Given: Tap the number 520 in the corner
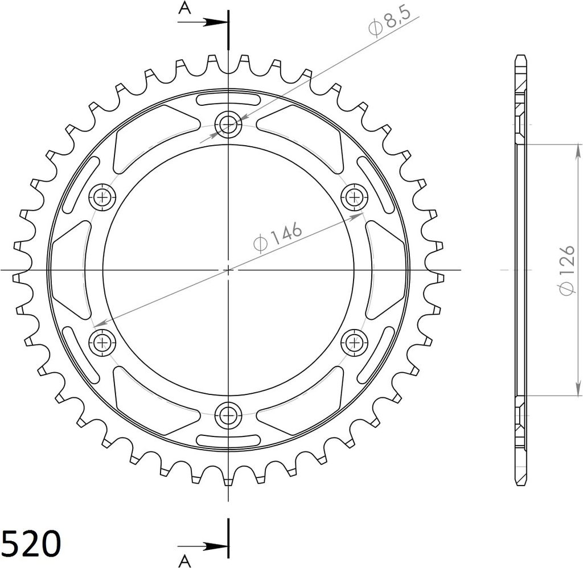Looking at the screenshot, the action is pos(31,544).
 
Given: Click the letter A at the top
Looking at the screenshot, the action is pos(184,7).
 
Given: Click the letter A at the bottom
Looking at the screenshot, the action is pos(184,561).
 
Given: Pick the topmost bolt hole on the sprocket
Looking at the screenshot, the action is pos(228,124).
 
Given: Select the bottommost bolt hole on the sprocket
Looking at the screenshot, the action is pos(228,414).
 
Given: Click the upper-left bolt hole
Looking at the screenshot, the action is pos(102,197).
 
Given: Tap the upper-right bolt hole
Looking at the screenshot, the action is pos(354,197).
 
